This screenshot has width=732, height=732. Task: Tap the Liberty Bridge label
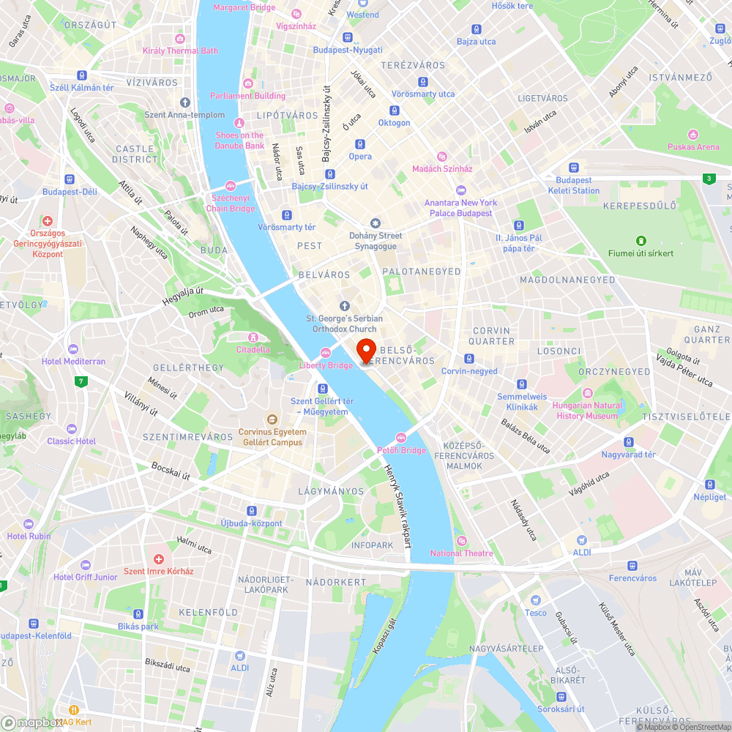(x=326, y=365)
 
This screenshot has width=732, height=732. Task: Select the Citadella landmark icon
(x=253, y=337)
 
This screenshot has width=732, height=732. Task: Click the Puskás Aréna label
(x=693, y=146)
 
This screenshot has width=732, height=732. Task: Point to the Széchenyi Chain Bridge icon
(x=231, y=185)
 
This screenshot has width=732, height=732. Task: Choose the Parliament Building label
(x=247, y=96)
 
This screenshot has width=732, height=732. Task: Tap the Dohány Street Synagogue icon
(x=376, y=223)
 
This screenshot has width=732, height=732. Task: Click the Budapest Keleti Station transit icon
(x=574, y=167)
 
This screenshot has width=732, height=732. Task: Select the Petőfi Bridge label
(x=401, y=450)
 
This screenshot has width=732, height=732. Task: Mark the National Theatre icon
(x=461, y=541)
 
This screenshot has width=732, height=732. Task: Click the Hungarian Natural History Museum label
(x=588, y=411)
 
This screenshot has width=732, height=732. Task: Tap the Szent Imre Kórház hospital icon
(x=158, y=559)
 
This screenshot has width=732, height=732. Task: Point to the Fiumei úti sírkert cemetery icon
(x=641, y=241)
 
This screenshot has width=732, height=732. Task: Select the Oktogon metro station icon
(x=395, y=111)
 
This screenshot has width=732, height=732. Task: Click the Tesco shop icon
(x=535, y=600)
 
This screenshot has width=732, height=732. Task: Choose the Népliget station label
(x=709, y=497)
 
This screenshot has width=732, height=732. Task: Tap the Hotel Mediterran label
(x=73, y=362)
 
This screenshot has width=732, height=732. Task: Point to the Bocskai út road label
(x=171, y=471)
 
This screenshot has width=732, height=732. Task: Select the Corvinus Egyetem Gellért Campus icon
(x=272, y=419)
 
